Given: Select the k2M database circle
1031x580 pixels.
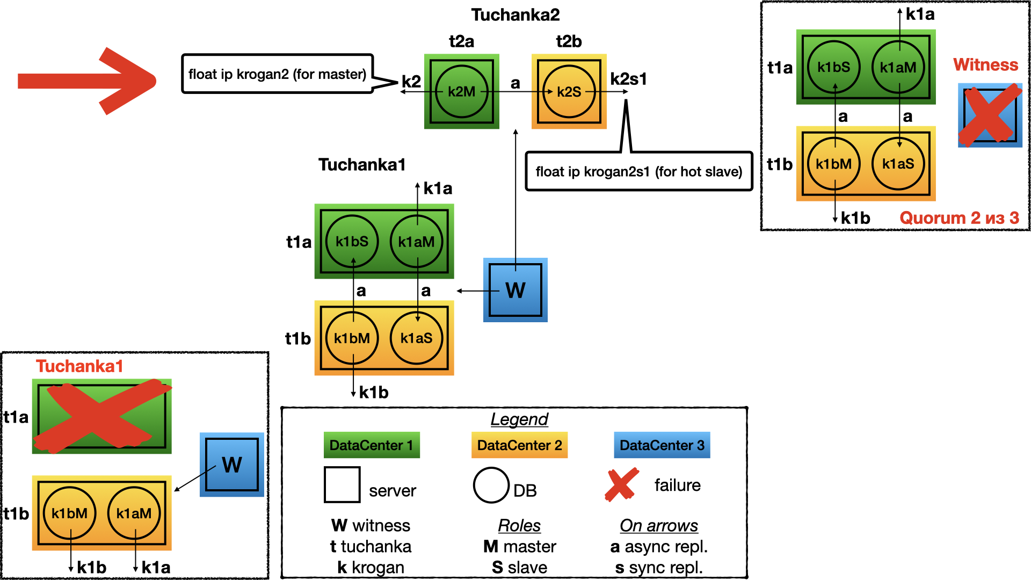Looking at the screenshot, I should (461, 92).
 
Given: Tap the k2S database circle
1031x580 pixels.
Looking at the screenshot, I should (569, 92).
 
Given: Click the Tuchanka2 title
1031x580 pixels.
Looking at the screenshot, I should (515, 15).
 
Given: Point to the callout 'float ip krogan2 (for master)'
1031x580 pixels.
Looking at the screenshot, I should (277, 74).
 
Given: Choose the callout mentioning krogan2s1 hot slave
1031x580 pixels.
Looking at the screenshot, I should (638, 171).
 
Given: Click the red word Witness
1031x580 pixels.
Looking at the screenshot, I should (985, 65).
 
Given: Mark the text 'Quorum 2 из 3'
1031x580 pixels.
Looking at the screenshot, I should (959, 218).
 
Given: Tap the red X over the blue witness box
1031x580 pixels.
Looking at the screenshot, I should (990, 115).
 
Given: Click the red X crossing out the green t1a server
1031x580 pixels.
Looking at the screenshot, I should (102, 416).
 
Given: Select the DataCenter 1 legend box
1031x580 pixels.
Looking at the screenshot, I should (372, 445).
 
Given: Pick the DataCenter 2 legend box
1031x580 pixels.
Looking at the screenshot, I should (519, 445).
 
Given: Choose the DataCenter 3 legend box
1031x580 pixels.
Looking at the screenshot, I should (662, 445).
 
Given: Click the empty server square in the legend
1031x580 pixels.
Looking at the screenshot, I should (342, 484).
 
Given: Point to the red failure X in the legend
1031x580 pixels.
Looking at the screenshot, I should (622, 484).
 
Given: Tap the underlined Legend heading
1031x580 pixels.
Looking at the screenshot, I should (519, 419).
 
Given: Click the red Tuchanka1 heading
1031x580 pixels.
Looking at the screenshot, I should (79, 366).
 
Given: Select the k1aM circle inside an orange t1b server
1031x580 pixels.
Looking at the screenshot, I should (134, 513).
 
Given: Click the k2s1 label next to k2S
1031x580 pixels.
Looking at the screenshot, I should (628, 79).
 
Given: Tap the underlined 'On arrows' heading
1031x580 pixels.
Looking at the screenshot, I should (659, 526).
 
